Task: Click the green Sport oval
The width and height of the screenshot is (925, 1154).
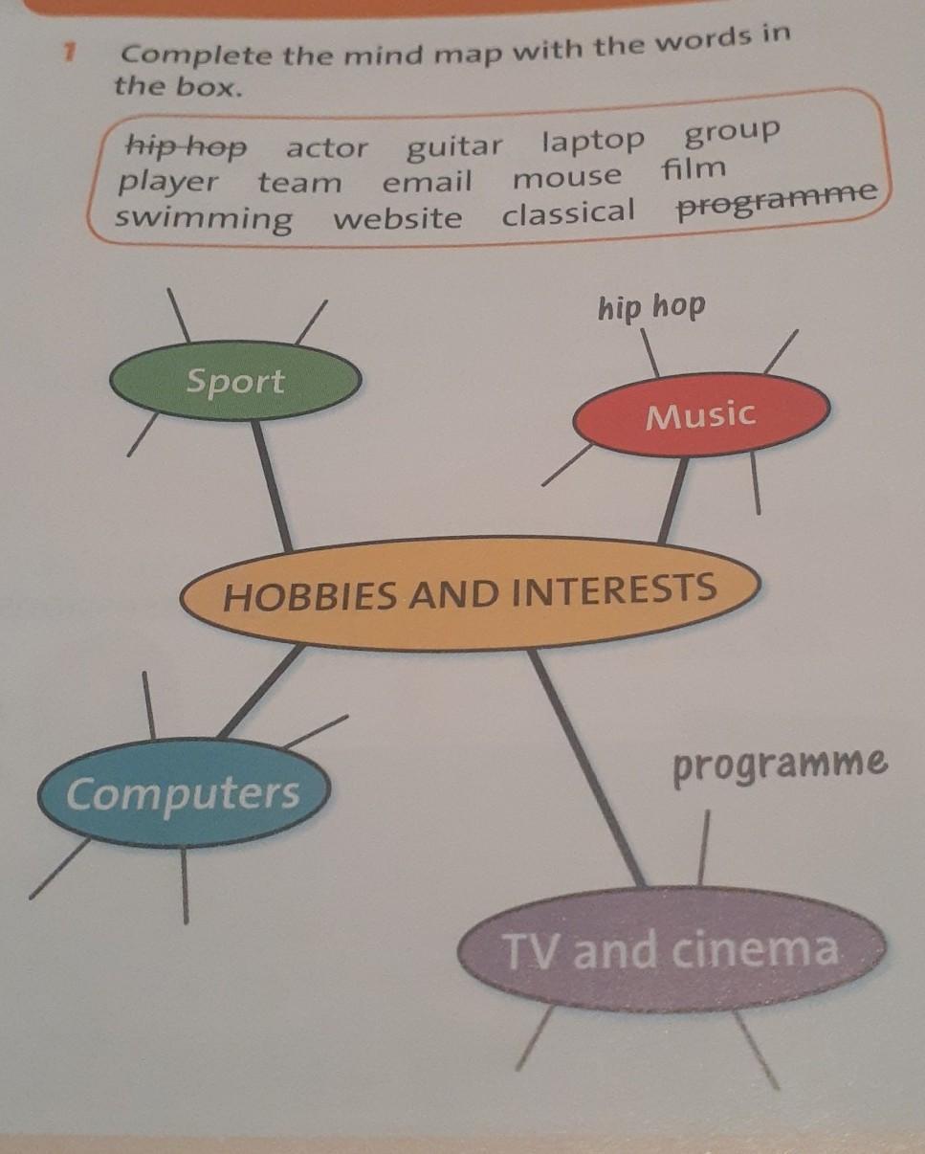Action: click(x=235, y=383)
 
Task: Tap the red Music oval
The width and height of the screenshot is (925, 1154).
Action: click(x=701, y=414)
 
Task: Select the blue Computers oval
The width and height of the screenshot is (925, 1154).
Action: click(x=183, y=793)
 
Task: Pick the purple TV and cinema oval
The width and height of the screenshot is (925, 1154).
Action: click(x=671, y=949)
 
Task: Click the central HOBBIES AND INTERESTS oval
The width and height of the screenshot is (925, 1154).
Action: click(x=470, y=592)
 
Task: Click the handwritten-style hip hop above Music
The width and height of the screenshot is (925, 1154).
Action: click(x=651, y=307)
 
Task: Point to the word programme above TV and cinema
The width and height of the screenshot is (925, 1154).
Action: click(x=780, y=765)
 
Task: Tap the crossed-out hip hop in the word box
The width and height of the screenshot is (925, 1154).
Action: click(x=187, y=146)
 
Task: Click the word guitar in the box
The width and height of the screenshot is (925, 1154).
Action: click(x=454, y=146)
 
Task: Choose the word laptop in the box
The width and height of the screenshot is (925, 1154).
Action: click(x=594, y=141)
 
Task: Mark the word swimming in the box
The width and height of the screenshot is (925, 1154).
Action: click(x=204, y=218)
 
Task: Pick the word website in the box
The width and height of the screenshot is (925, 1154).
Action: click(x=397, y=217)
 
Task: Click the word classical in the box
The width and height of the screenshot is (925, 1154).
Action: click(x=568, y=211)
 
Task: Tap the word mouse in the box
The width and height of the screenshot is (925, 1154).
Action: click(x=566, y=177)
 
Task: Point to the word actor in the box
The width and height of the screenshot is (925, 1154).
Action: click(x=326, y=148)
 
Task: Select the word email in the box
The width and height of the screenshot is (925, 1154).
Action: click(x=427, y=181)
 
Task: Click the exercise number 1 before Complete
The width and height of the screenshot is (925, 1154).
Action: click(x=68, y=55)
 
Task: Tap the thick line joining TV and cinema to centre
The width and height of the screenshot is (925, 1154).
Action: click(x=585, y=766)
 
